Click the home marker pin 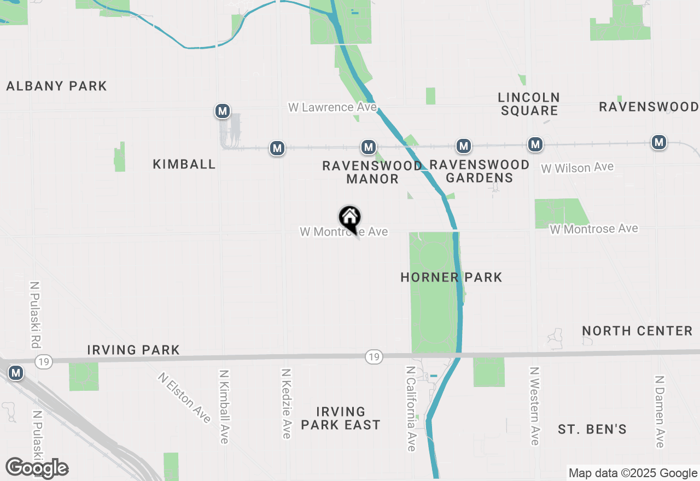(x=350, y=219)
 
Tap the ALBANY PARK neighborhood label (x=56, y=86)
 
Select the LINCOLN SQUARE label (x=529, y=104)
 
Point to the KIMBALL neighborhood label (x=184, y=164)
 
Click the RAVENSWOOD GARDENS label (x=480, y=171)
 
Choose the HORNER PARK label (x=451, y=277)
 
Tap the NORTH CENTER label (x=637, y=331)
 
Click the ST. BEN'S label (x=592, y=429)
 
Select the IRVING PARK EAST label (x=340, y=418)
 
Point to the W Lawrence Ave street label (x=332, y=107)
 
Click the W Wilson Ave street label (x=577, y=168)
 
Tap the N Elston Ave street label (x=184, y=397)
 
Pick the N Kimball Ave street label (x=224, y=406)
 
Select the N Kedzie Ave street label (x=286, y=403)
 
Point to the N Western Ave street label (x=534, y=405)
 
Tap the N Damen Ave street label (x=660, y=411)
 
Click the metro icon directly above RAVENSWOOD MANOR (x=369, y=147)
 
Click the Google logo (x=37, y=468)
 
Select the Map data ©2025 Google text (x=632, y=473)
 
